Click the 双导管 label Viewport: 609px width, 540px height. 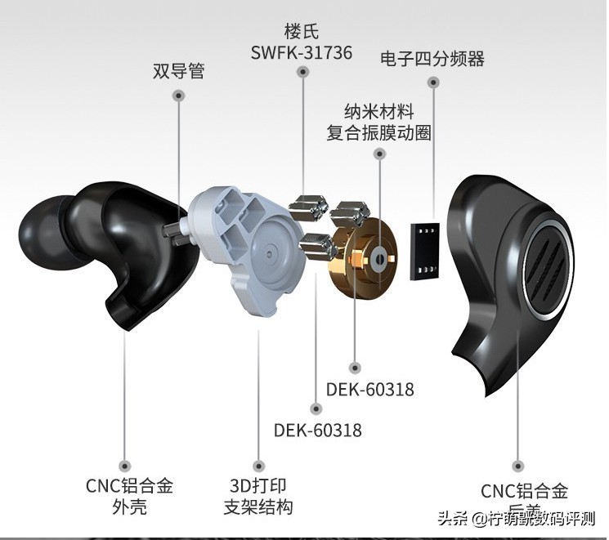178,71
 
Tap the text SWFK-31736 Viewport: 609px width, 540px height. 302,53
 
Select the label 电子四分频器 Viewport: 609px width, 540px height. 432,58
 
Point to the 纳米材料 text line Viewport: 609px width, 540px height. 379,110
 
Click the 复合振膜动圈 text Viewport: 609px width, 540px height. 379,132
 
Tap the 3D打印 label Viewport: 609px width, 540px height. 257,485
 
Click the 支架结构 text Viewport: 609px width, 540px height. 257,507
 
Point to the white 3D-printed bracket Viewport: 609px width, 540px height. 245,245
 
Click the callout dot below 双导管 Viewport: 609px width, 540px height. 178,95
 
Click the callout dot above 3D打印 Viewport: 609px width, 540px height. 258,462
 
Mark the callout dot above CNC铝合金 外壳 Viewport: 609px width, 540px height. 125,462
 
